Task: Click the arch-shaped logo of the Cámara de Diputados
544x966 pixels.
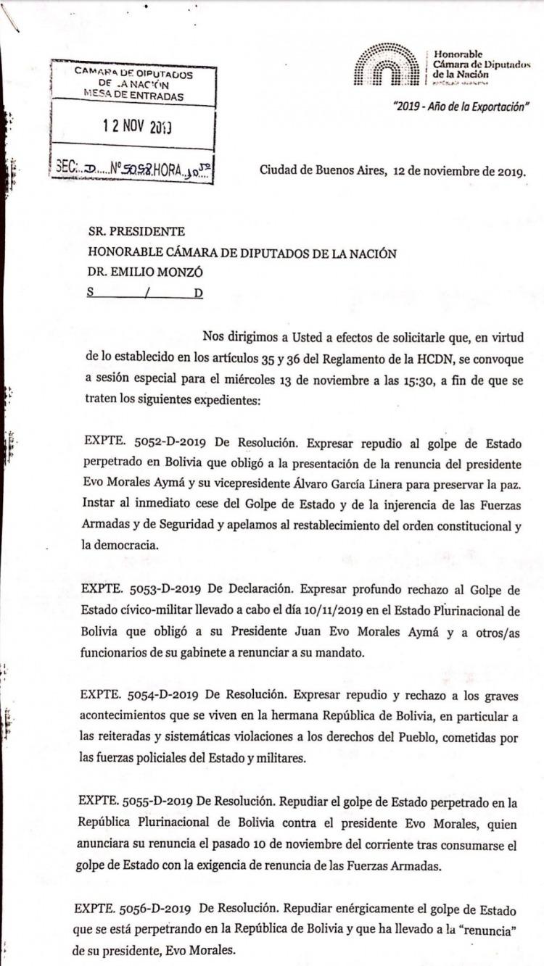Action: (x=386, y=65)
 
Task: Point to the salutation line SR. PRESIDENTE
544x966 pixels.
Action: (x=136, y=233)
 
